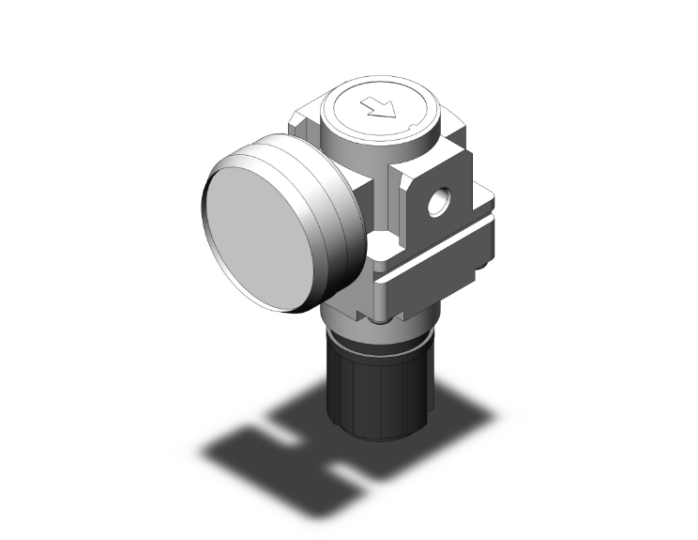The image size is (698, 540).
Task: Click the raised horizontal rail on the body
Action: tap(441, 255)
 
